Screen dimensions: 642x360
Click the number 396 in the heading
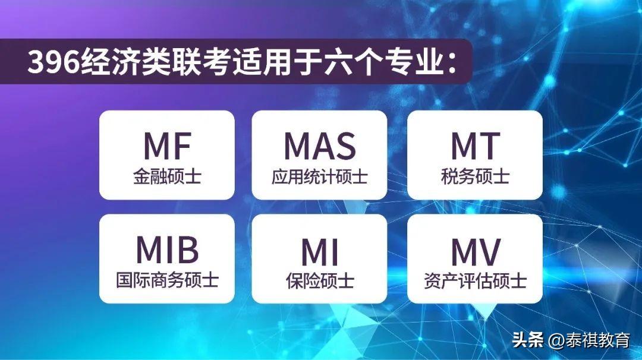click(x=53, y=62)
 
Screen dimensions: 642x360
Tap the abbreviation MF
click(x=167, y=146)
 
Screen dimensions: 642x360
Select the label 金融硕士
click(x=167, y=176)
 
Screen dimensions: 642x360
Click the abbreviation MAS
click(x=319, y=146)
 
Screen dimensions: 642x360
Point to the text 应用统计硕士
click(x=319, y=176)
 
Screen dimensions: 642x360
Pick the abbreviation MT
click(x=475, y=146)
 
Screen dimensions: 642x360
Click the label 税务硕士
click(x=475, y=176)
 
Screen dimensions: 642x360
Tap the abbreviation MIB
click(x=167, y=250)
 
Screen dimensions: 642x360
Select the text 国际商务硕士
click(x=167, y=280)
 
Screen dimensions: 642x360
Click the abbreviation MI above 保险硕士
click(x=319, y=252)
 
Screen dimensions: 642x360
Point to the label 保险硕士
click(x=319, y=281)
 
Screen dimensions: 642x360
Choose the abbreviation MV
click(x=476, y=252)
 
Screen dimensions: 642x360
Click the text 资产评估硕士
click(x=475, y=281)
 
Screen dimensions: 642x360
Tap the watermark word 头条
click(x=528, y=340)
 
